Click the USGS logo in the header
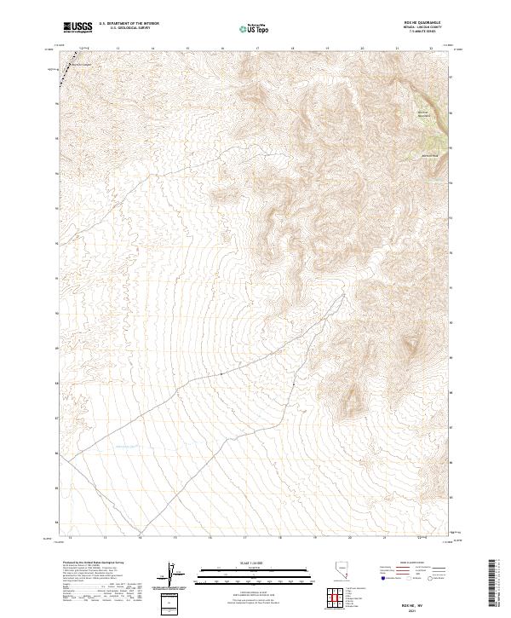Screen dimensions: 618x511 (x=78, y=27)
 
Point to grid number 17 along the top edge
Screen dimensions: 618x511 (x=257, y=49)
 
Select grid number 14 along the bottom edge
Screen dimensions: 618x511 (x=140, y=538)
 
